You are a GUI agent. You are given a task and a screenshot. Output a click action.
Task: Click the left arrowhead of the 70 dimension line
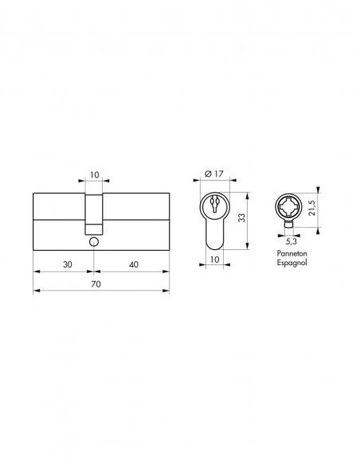[x=37, y=291]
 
